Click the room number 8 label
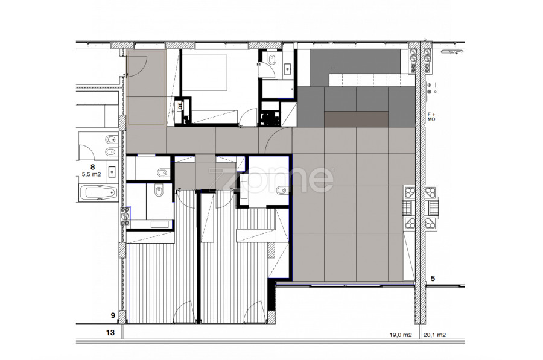pos(92,166)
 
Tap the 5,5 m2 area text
pos(92,174)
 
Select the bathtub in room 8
pos(99,193)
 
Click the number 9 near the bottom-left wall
pos(113,315)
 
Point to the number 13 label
pos(110,333)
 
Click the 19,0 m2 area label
pos(401,335)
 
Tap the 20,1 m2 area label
pos(434,335)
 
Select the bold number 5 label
pos(433,279)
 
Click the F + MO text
pos(431,116)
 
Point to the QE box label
pos(180,106)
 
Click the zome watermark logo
pos(271,179)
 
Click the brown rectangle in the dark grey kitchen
pos(357,119)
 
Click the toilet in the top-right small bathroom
pos(272,60)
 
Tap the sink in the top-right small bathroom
pos(287,69)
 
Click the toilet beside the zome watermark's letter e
pos(282,190)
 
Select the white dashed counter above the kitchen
pos(372,80)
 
